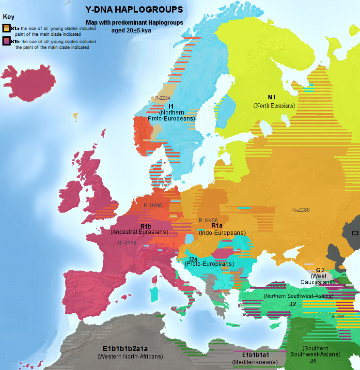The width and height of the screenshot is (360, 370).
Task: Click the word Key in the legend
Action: pos(9,17)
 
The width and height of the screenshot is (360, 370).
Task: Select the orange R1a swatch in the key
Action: pos(6,29)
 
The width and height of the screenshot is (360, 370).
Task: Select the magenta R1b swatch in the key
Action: pos(6,42)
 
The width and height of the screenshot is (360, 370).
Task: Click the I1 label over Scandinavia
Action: pos(171,106)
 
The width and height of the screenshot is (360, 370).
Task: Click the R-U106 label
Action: pos(153,205)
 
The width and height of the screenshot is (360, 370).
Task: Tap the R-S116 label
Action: pos(127,243)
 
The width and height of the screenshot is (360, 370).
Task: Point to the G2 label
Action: pos(320,270)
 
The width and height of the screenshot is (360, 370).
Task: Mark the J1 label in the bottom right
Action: pos(313,361)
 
